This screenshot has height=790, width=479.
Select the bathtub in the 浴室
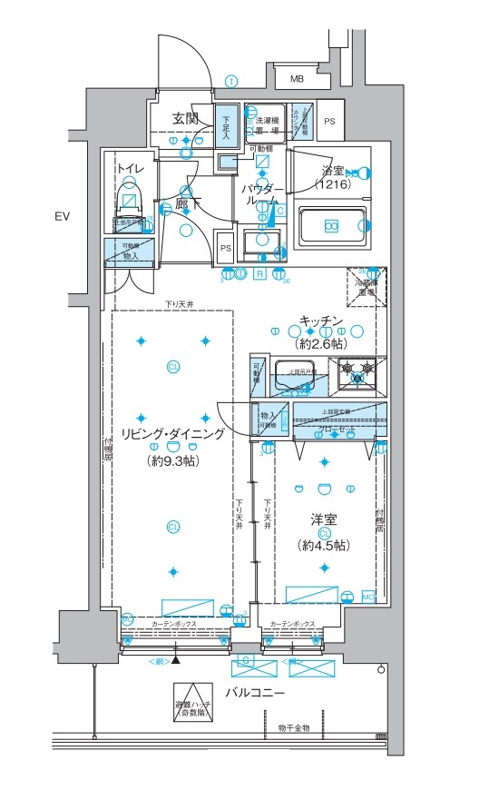pos(332,224)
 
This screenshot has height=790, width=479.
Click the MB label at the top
pos(297,80)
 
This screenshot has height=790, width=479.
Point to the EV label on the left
pos(62,216)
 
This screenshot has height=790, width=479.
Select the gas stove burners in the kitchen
pos(356,373)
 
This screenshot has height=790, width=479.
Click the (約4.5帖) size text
pos(322,546)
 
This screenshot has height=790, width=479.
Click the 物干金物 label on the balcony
pos(294,728)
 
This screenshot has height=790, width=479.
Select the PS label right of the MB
pos(329,120)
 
